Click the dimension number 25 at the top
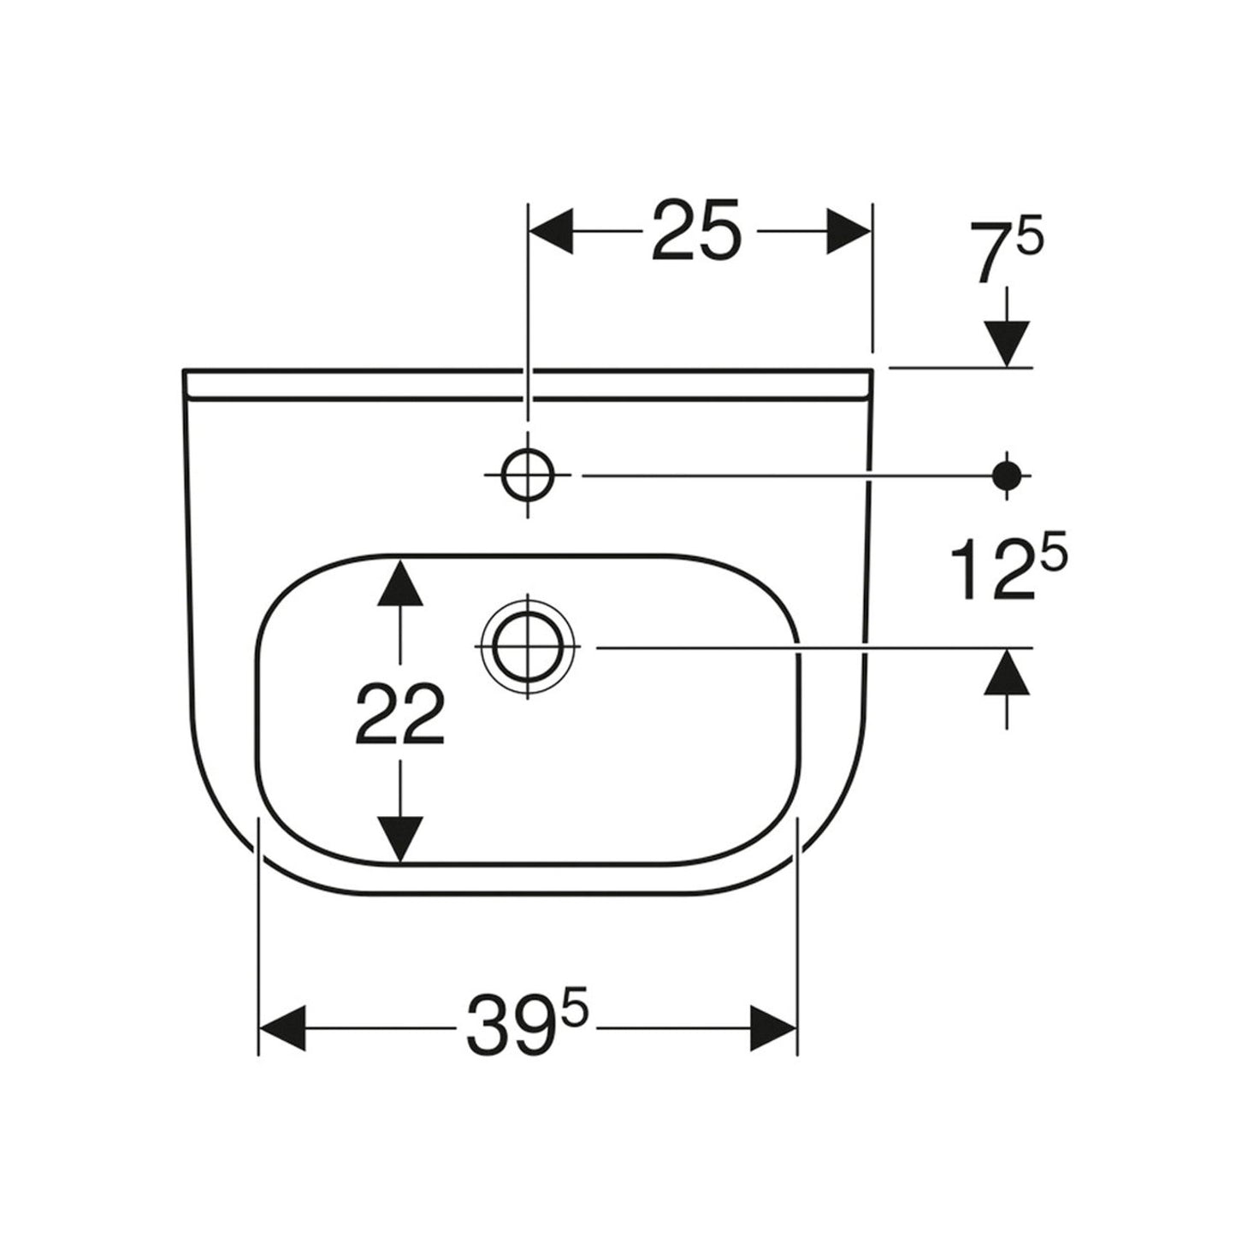696,230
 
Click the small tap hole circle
527,476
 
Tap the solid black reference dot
1006,476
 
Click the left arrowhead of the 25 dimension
550,230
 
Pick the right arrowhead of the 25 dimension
848,230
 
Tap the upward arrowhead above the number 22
399,583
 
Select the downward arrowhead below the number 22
399,840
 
